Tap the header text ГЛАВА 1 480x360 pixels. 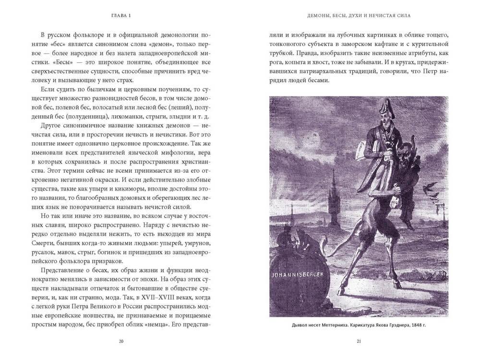120,16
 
